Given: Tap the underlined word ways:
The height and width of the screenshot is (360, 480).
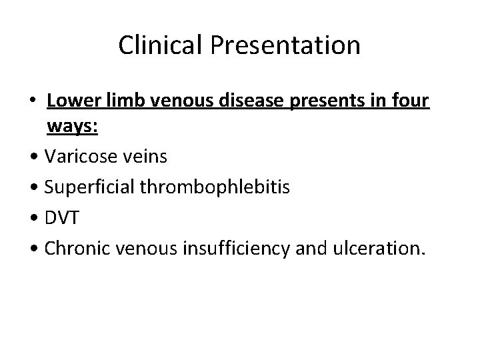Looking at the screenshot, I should [73, 128].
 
